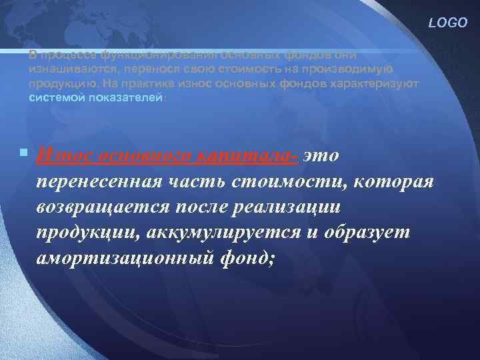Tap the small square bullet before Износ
click(24, 153)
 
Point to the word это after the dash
click(321, 155)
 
